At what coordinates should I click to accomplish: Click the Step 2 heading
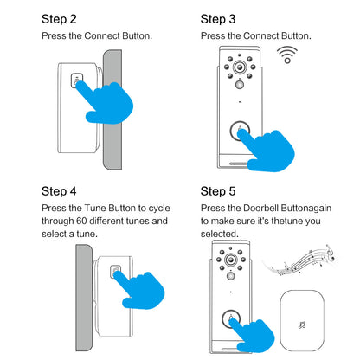pyautogui.click(x=60, y=18)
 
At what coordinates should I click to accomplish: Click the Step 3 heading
pyautogui.click(x=218, y=18)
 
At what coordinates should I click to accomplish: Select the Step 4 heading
pyautogui.click(x=60, y=191)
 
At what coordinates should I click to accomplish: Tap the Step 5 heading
pyautogui.click(x=218, y=191)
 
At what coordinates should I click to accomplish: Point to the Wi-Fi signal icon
pyautogui.click(x=286, y=55)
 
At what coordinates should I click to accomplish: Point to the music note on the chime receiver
pyautogui.click(x=302, y=326)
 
